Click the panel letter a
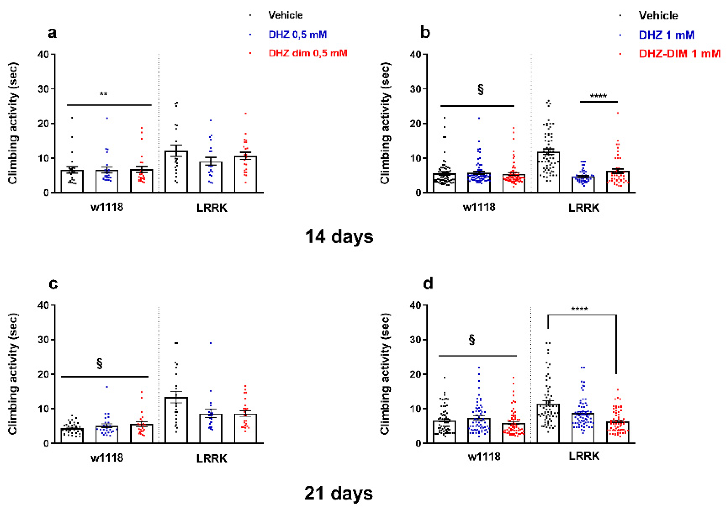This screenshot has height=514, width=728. (52, 33)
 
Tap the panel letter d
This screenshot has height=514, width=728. (428, 283)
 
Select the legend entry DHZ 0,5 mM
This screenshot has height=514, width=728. (298, 35)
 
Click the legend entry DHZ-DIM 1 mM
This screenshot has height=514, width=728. (680, 54)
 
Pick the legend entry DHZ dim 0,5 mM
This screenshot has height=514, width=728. (307, 53)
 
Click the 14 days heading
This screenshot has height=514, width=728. (339, 237)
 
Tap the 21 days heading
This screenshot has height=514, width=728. (338, 494)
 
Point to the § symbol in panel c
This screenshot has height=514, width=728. (100, 364)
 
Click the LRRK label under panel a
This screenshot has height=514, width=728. (212, 208)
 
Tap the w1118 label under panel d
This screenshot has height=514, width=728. (484, 457)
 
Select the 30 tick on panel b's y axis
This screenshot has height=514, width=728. (415, 89)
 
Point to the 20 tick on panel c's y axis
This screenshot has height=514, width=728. (43, 375)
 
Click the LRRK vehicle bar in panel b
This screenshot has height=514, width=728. (548, 173)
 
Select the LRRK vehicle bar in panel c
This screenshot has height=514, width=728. (176, 421)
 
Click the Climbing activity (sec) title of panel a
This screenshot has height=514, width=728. (13, 123)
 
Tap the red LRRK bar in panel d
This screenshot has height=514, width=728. (617, 433)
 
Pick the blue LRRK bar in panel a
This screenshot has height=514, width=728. (211, 177)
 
